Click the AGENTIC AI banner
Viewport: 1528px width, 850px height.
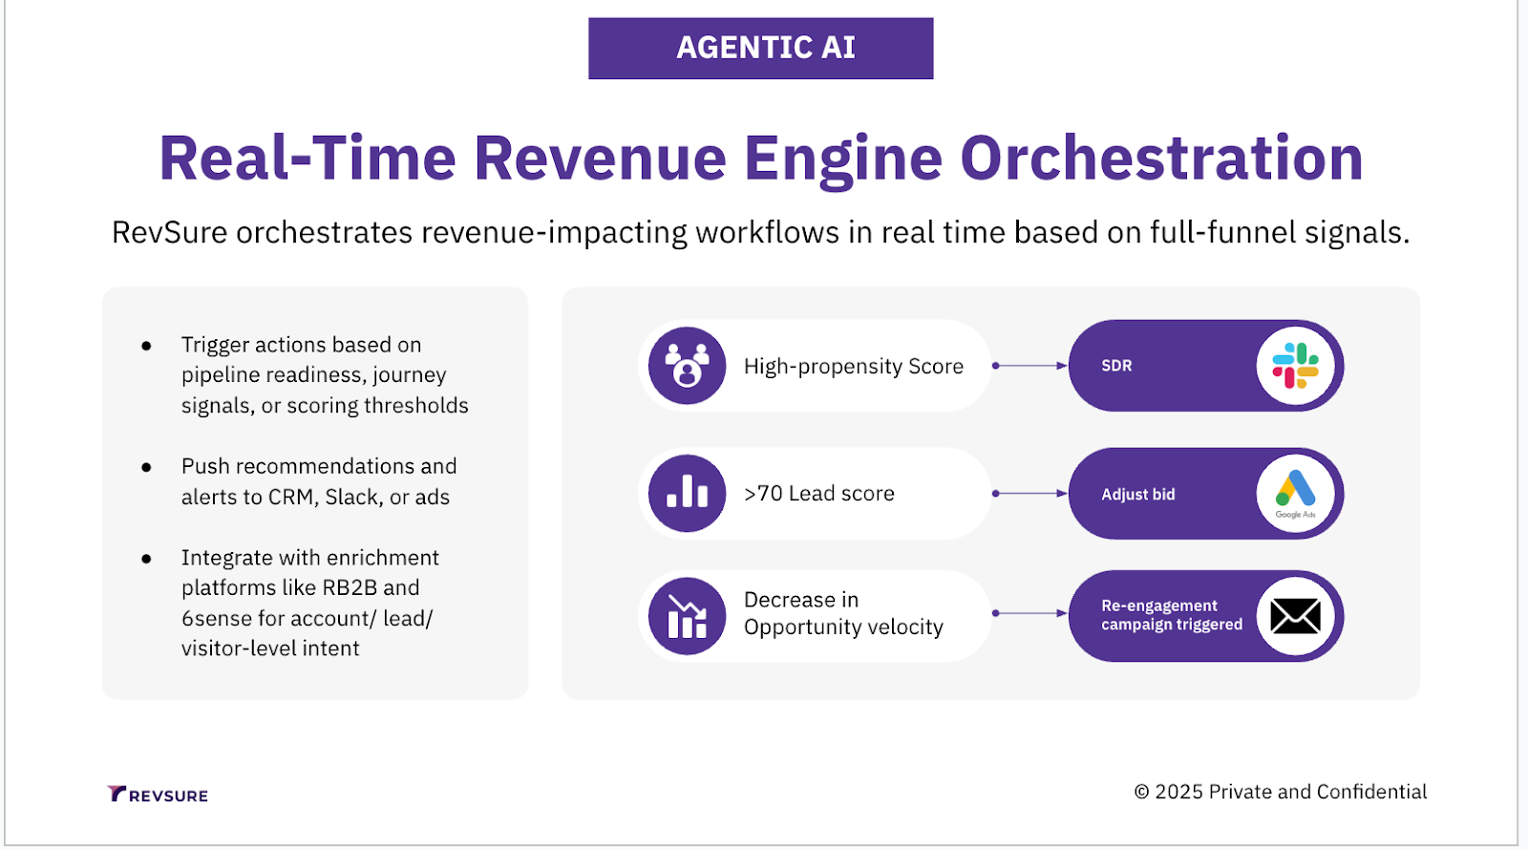point(761,48)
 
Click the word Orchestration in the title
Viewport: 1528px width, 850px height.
point(1161,158)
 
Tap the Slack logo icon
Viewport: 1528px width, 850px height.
point(1295,366)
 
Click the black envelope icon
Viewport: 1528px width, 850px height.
point(1295,616)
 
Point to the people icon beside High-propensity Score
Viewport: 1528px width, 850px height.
point(687,366)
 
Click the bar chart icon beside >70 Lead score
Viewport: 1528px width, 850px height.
point(687,493)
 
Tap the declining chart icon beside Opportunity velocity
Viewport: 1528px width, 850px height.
point(687,616)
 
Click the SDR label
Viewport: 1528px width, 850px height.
point(1116,366)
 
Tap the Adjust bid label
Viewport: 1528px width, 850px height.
point(1137,495)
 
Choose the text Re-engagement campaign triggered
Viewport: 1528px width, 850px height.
point(1172,615)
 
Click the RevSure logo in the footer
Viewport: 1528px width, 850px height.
point(158,795)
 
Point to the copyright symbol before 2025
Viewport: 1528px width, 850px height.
point(1141,792)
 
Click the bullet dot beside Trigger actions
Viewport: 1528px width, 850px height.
point(146,346)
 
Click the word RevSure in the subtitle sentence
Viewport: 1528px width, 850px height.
point(169,232)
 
